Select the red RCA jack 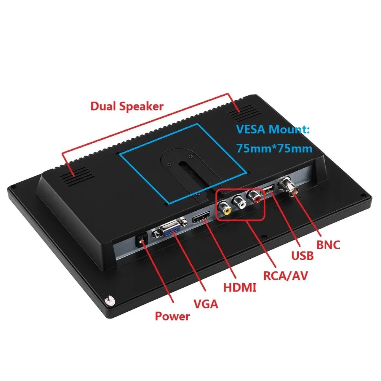[x=254, y=197]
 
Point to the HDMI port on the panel [x=201, y=219]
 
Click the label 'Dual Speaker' [x=126, y=106]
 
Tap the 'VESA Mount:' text [x=272, y=130]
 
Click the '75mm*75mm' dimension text [x=274, y=147]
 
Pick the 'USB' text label [x=302, y=255]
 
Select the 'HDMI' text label [x=240, y=287]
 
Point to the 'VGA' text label [x=206, y=304]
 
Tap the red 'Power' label [x=172, y=316]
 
